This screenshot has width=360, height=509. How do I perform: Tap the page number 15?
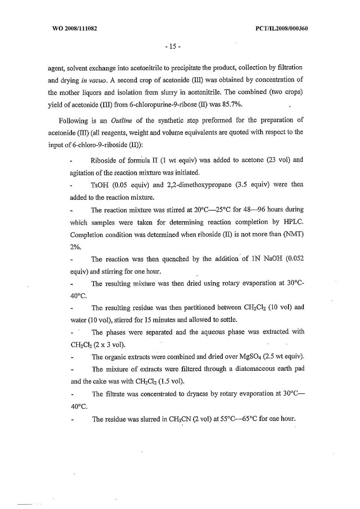click(172, 47)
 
